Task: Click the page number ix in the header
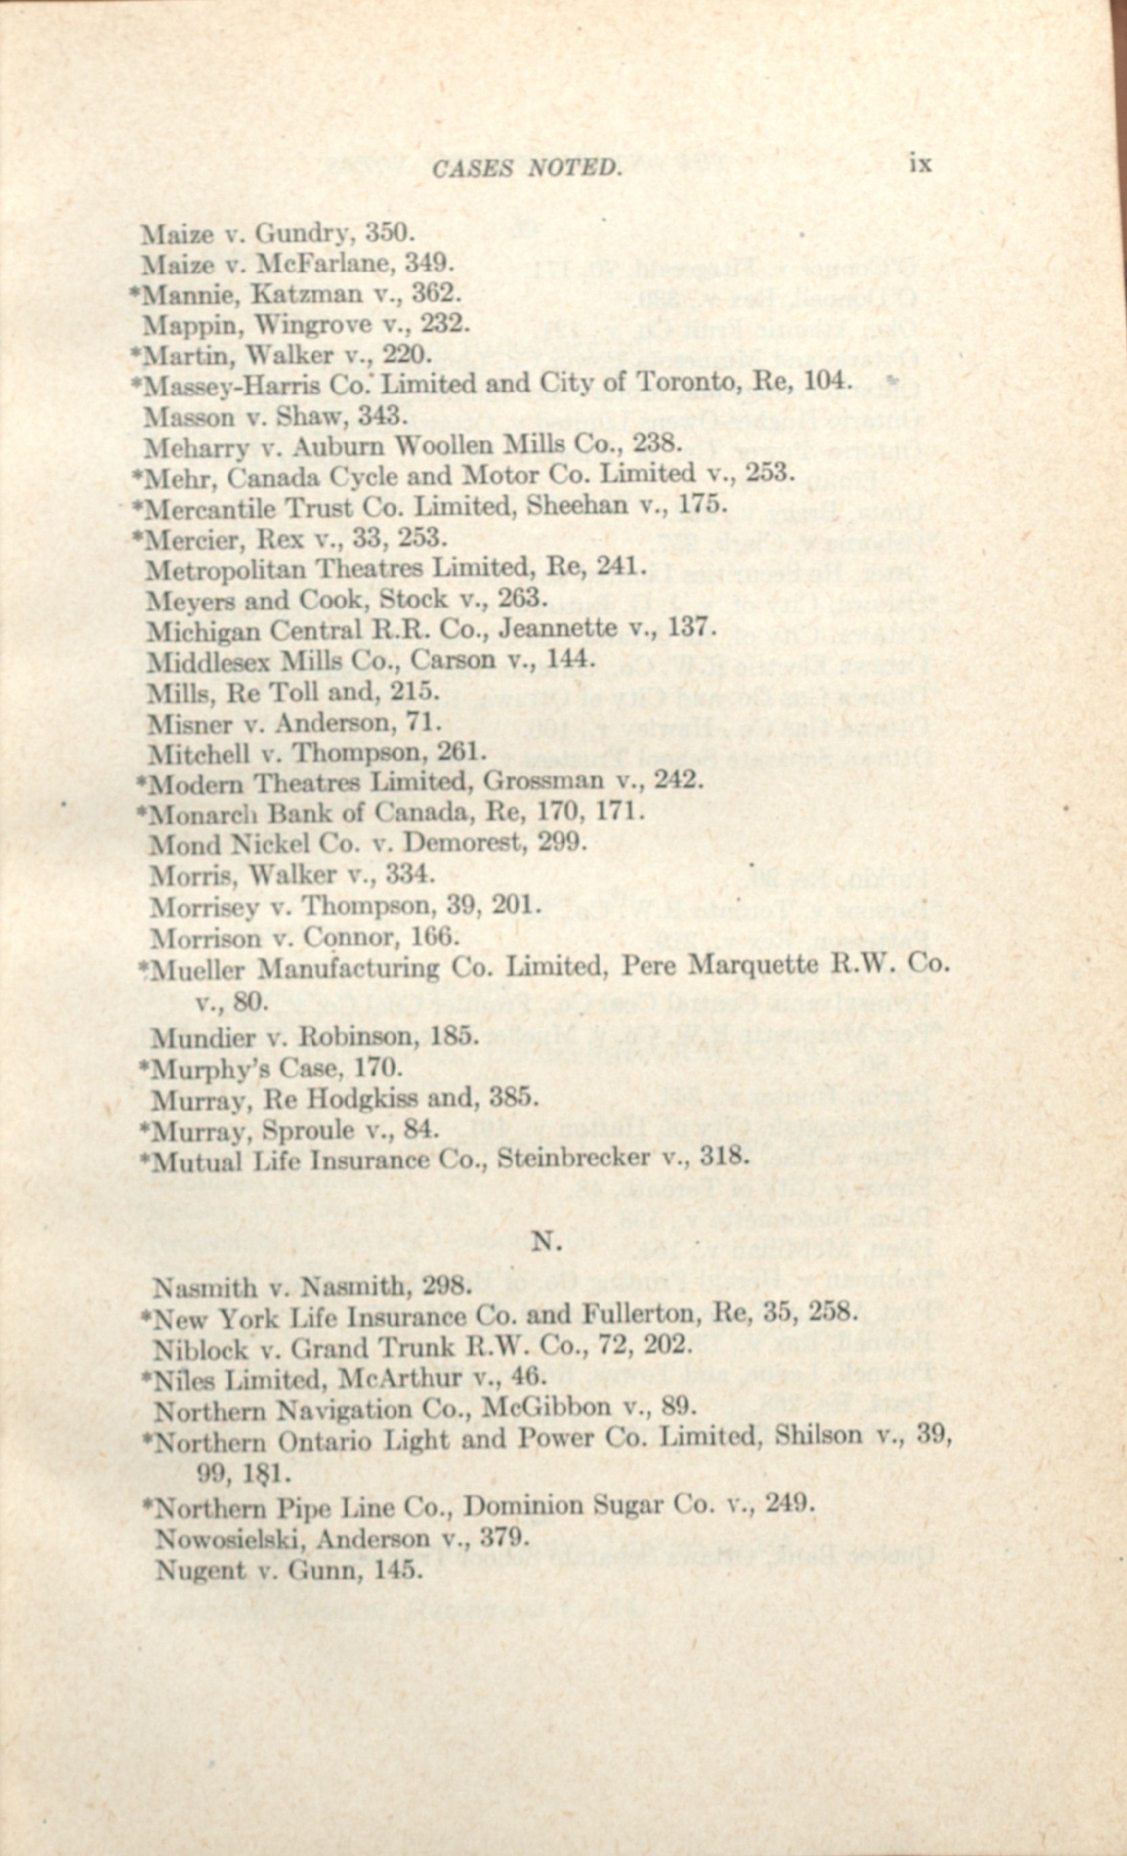coord(920,165)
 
